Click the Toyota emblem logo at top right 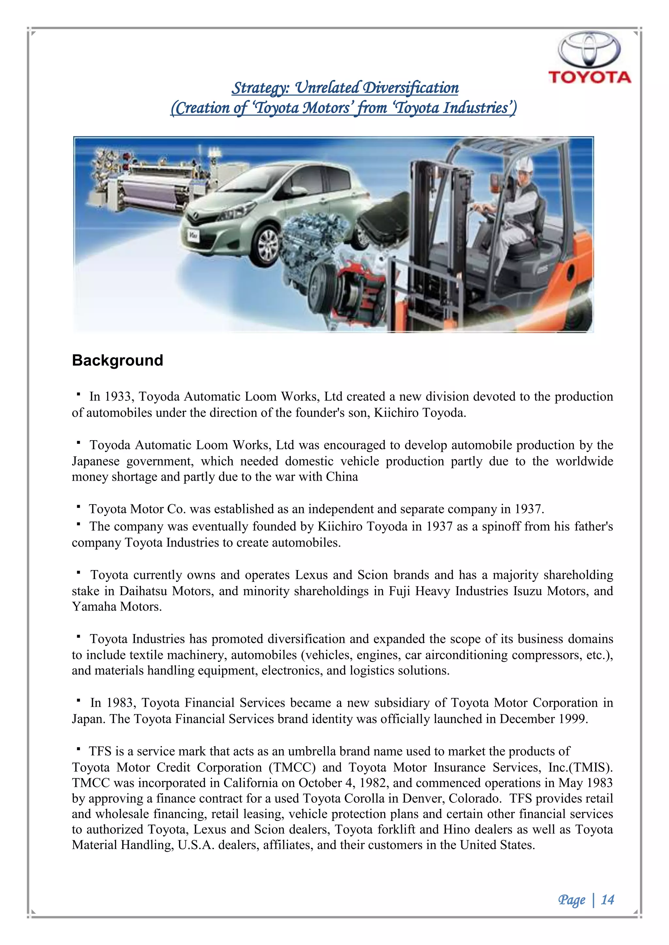click(x=589, y=50)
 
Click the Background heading click(x=117, y=360)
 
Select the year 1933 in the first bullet click(x=118, y=396)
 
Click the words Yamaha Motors click(x=116, y=607)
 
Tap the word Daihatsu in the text click(x=143, y=591)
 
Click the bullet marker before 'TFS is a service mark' click(x=77, y=750)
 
